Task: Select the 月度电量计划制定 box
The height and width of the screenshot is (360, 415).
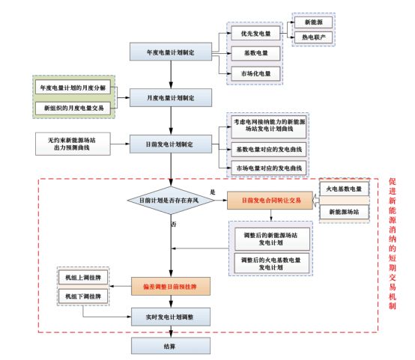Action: [171, 97]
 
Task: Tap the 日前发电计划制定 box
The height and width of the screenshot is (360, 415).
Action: [171, 143]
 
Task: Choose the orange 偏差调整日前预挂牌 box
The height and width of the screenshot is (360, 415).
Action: [171, 286]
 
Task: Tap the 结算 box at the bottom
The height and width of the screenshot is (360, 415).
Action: [171, 345]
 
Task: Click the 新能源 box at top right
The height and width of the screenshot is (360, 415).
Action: [314, 22]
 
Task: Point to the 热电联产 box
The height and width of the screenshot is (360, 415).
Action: [314, 36]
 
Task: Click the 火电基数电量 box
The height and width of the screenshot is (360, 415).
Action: [345, 189]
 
